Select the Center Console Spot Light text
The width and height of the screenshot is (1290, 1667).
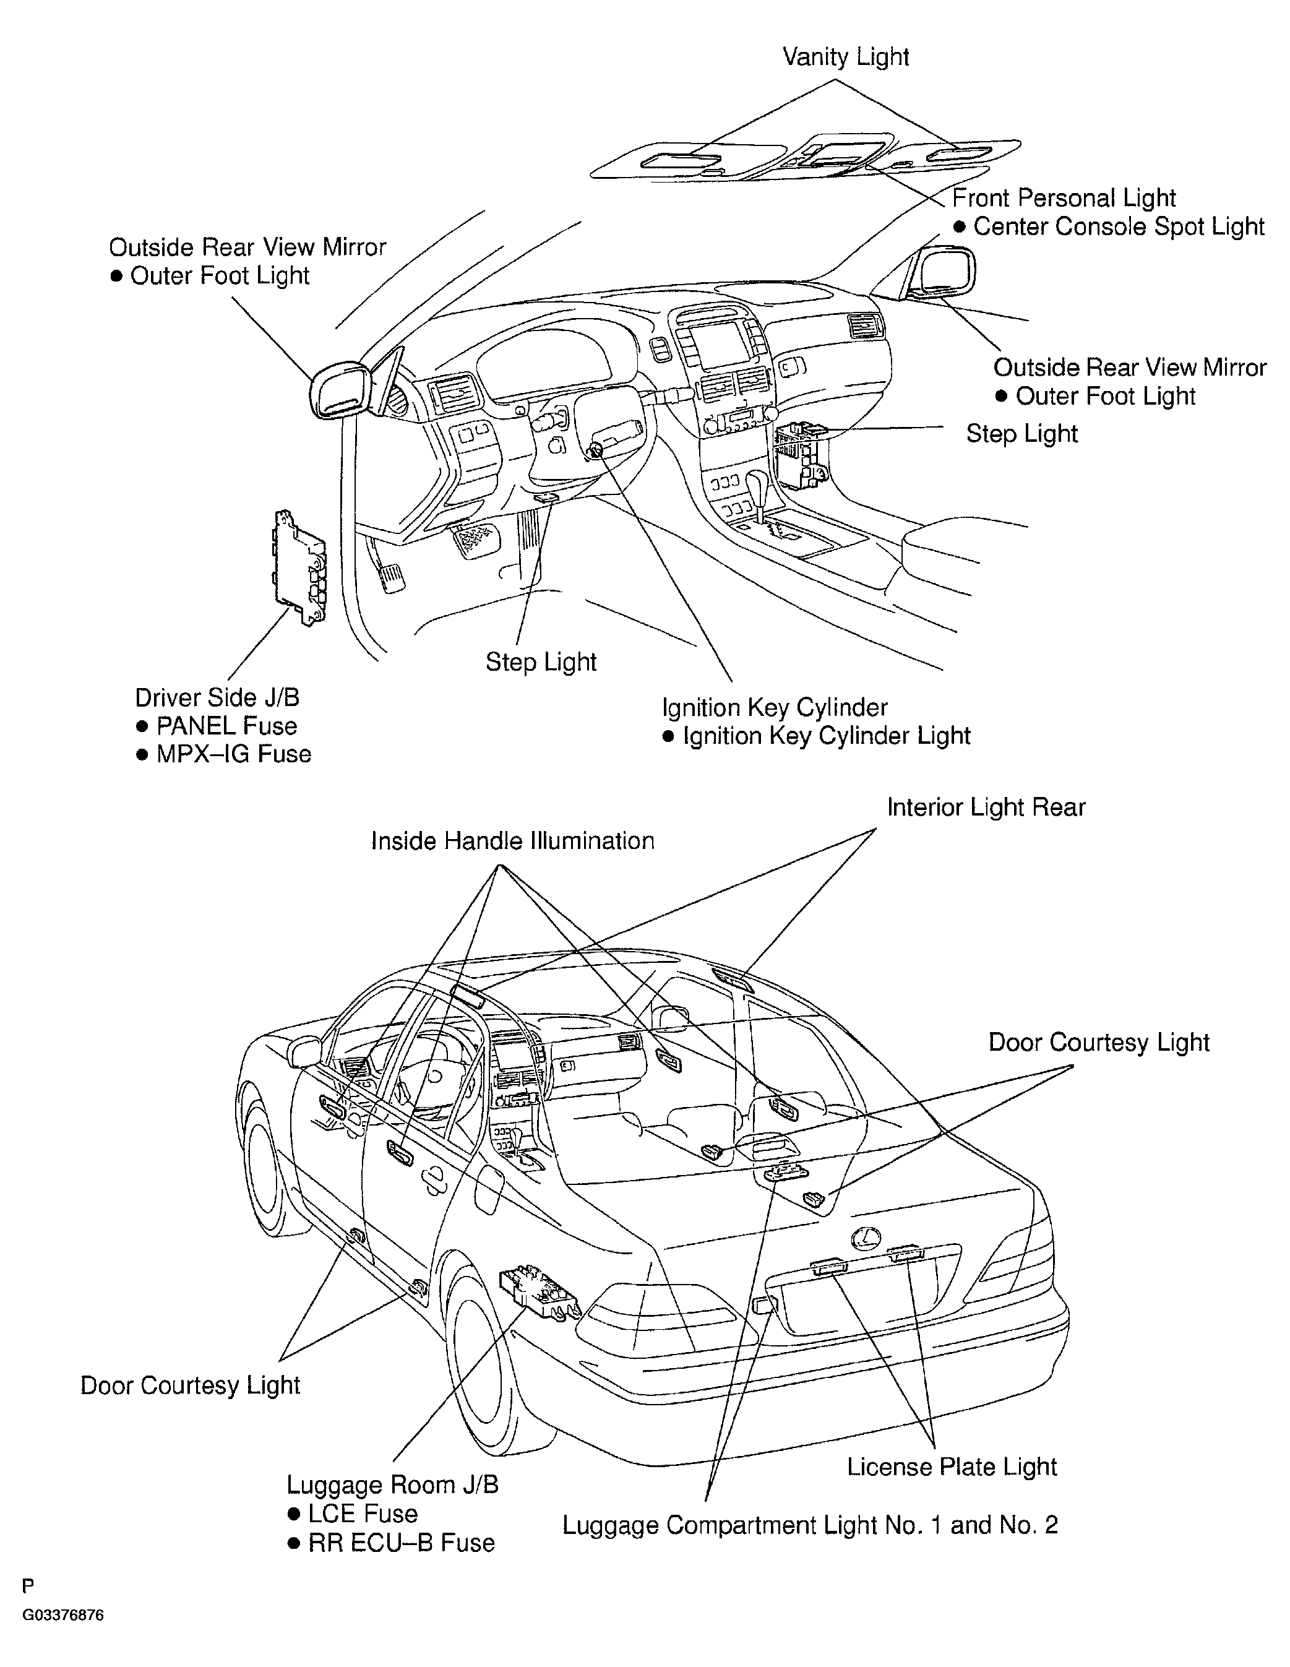click(1118, 226)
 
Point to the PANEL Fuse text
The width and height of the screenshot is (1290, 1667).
click(226, 726)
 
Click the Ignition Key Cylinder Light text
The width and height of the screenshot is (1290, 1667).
click(826, 736)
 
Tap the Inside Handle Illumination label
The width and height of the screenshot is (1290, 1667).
click(512, 841)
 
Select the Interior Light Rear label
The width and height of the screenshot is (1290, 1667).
click(986, 808)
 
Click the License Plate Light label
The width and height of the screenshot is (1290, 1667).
click(952, 1467)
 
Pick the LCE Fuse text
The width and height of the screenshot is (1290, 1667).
click(363, 1514)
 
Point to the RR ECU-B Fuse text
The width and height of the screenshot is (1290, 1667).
click(402, 1543)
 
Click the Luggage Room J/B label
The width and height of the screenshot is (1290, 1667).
click(392, 1484)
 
